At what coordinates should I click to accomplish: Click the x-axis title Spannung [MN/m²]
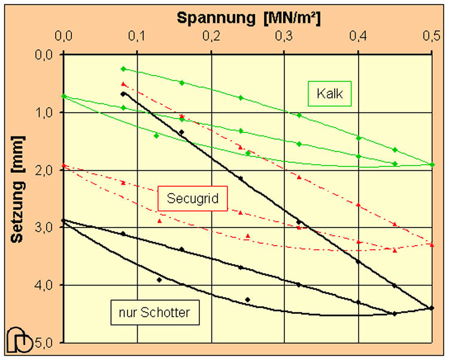click(x=248, y=17)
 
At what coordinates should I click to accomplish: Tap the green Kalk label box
click(x=329, y=94)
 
